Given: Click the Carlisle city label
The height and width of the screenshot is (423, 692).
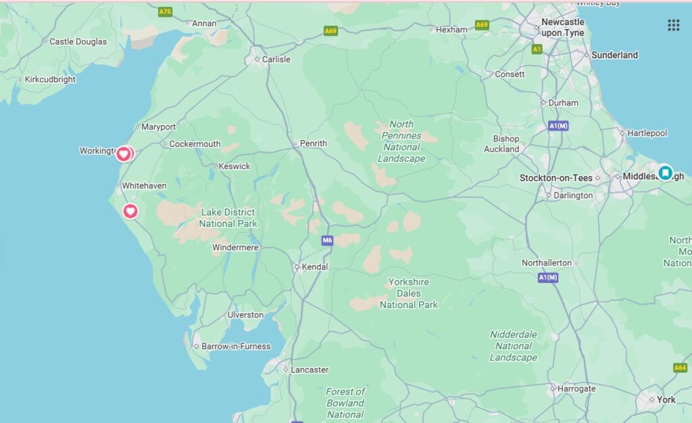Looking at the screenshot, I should [276, 60].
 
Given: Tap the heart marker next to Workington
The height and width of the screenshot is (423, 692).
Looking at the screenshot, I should [124, 154].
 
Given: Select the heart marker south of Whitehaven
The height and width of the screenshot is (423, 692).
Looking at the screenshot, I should [130, 212].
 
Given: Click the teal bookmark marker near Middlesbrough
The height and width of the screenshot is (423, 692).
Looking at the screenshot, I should [665, 173].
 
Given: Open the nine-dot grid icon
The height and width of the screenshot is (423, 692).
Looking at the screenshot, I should [673, 25].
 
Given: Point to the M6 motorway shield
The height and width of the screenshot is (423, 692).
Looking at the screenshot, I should [328, 240].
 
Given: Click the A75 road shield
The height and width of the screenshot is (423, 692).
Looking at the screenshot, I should [164, 12].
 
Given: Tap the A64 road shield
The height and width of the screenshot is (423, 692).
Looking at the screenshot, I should [680, 368].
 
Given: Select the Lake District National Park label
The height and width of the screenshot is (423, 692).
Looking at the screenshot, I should [228, 218].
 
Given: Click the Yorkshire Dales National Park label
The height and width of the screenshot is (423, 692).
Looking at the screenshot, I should [409, 294].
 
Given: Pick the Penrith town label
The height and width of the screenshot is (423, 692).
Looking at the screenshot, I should [314, 143].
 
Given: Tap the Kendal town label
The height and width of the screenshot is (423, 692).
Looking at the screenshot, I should [314, 267].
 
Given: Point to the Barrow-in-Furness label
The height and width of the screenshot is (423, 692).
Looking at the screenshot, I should [236, 347].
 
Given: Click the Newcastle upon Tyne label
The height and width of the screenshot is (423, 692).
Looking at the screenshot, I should [563, 27].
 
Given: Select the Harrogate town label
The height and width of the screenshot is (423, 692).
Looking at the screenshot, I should [576, 388].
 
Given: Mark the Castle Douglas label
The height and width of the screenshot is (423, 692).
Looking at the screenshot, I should [78, 42].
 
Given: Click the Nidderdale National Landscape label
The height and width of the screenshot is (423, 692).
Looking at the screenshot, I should [514, 346].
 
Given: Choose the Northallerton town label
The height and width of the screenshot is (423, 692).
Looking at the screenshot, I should [546, 263].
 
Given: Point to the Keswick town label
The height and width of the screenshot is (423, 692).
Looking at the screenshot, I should [234, 166].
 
